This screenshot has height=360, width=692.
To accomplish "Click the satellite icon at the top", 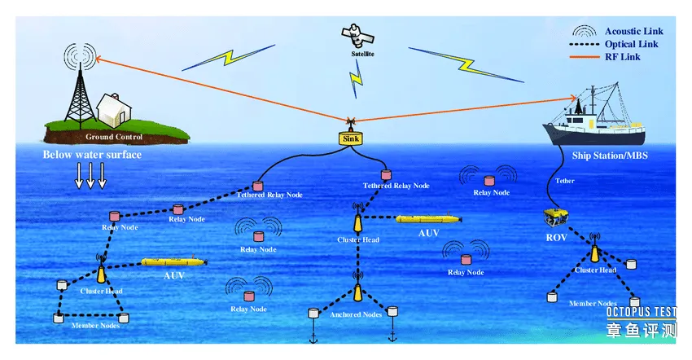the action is tap(357, 35).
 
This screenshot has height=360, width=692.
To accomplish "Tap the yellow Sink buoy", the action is tap(351, 138).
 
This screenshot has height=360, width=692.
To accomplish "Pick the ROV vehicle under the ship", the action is tap(556, 216).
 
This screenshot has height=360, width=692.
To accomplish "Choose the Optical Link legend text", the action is tap(633, 44).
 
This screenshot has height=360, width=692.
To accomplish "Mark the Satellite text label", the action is tap(362, 55).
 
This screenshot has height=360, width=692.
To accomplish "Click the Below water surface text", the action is tap(92, 155).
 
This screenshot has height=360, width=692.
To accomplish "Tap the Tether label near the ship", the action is tap(563, 181).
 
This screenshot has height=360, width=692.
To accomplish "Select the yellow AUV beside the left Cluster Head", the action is tap(174, 263).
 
